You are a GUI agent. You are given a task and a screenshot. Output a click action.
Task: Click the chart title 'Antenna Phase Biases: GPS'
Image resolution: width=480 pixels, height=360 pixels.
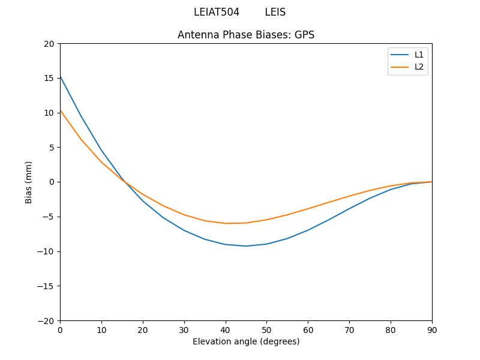(246, 35)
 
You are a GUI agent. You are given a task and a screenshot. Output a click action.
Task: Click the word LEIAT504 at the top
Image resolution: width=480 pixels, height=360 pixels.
(217, 12)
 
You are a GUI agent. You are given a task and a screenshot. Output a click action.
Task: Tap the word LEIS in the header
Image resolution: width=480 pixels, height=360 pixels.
(275, 12)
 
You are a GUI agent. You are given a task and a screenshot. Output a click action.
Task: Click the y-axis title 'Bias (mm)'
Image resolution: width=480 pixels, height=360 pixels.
(29, 182)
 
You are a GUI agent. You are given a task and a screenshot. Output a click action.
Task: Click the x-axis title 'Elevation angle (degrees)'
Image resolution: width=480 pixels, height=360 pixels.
(246, 341)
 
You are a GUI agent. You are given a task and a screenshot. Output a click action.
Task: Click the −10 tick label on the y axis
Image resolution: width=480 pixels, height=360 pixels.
(46, 251)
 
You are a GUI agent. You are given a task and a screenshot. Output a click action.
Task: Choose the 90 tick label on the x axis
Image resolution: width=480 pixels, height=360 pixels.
(432, 329)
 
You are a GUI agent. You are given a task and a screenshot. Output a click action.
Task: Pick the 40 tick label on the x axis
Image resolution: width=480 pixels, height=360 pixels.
(226, 329)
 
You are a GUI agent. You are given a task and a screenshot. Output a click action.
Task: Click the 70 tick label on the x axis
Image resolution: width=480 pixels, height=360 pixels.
(349, 329)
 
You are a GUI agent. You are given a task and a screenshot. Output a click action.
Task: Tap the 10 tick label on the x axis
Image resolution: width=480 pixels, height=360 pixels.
(101, 329)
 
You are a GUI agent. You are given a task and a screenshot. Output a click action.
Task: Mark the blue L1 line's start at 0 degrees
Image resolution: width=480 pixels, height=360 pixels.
(60, 76)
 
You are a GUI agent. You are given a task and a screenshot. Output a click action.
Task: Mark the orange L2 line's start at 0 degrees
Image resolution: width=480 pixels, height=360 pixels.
(60, 110)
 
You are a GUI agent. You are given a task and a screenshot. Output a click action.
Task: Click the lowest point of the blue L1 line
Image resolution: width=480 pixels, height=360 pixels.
(246, 246)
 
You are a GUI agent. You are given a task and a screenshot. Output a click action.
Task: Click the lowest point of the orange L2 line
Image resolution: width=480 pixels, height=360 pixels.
(226, 223)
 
